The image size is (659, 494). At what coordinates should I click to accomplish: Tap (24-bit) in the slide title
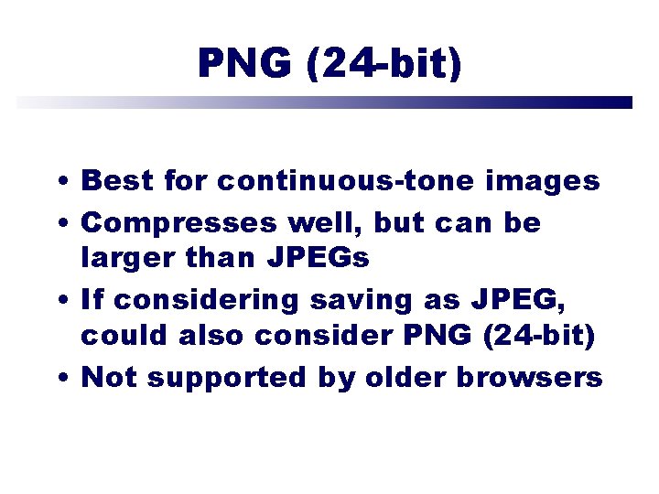pos(385,63)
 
